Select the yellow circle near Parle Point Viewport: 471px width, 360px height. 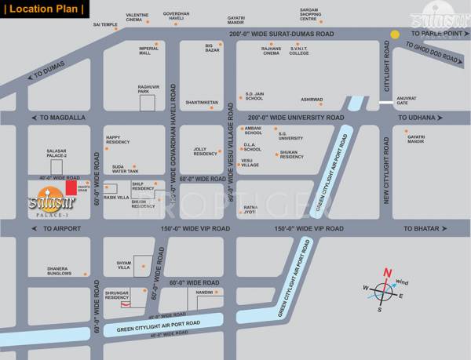396,35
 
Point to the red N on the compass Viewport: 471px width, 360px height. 387,274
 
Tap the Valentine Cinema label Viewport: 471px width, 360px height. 139,18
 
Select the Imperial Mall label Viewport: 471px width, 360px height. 149,50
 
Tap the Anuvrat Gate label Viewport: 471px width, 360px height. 407,100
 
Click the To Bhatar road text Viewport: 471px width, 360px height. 419,228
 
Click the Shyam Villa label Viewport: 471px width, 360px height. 118,266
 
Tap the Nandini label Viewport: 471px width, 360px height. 204,292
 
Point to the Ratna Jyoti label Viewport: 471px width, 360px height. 250,209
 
